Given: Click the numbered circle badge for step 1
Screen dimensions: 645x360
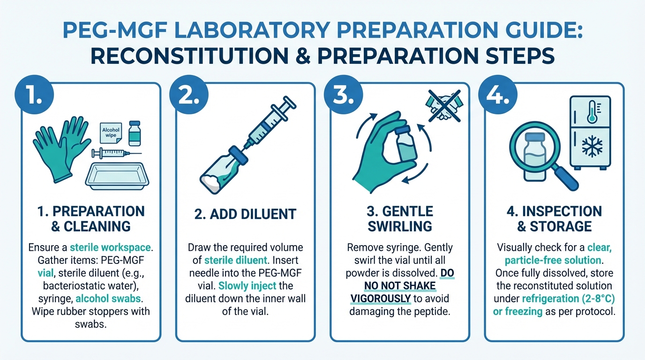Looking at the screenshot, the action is (x=34, y=95).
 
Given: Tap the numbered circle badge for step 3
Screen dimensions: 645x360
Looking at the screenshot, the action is (x=343, y=95).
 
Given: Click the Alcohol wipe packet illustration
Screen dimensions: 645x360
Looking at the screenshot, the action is (x=111, y=133).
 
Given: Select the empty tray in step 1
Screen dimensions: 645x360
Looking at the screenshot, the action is (x=117, y=176).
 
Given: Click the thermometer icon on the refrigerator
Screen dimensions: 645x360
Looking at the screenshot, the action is (x=592, y=112).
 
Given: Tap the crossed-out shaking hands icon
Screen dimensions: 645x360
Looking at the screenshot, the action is (x=444, y=106).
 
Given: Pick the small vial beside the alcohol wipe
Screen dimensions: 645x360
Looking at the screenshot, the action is (x=135, y=133).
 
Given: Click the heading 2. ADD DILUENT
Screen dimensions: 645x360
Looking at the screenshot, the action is (x=245, y=214).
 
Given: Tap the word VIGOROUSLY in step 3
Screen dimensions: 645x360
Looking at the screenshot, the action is (x=380, y=299).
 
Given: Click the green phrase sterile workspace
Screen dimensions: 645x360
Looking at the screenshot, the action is (x=110, y=247).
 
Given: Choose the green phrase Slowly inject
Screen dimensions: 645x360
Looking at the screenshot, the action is (x=247, y=285).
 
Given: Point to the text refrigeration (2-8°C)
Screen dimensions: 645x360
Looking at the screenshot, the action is (x=569, y=299).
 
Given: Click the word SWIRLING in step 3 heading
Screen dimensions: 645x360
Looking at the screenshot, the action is (x=400, y=226).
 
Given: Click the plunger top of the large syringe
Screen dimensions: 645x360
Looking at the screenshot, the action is (x=289, y=102).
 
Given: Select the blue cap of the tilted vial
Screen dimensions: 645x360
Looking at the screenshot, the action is (x=238, y=155).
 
